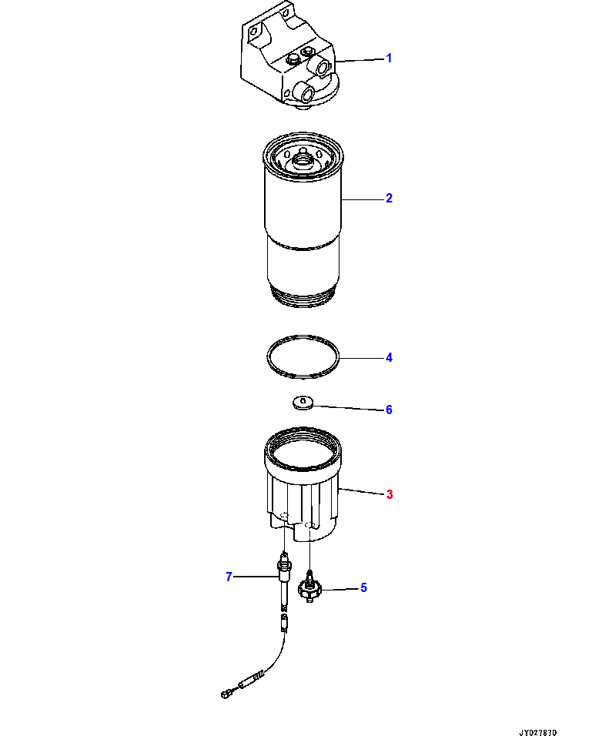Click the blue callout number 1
click(389, 59)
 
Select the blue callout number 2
click(389, 198)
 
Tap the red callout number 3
click(390, 494)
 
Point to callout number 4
click(389, 358)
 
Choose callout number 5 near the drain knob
click(363, 587)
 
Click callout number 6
click(389, 410)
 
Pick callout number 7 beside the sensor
click(229, 577)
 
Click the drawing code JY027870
click(537, 732)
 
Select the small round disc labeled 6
click(303, 403)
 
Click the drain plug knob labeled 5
click(309, 587)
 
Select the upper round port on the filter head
click(323, 69)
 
